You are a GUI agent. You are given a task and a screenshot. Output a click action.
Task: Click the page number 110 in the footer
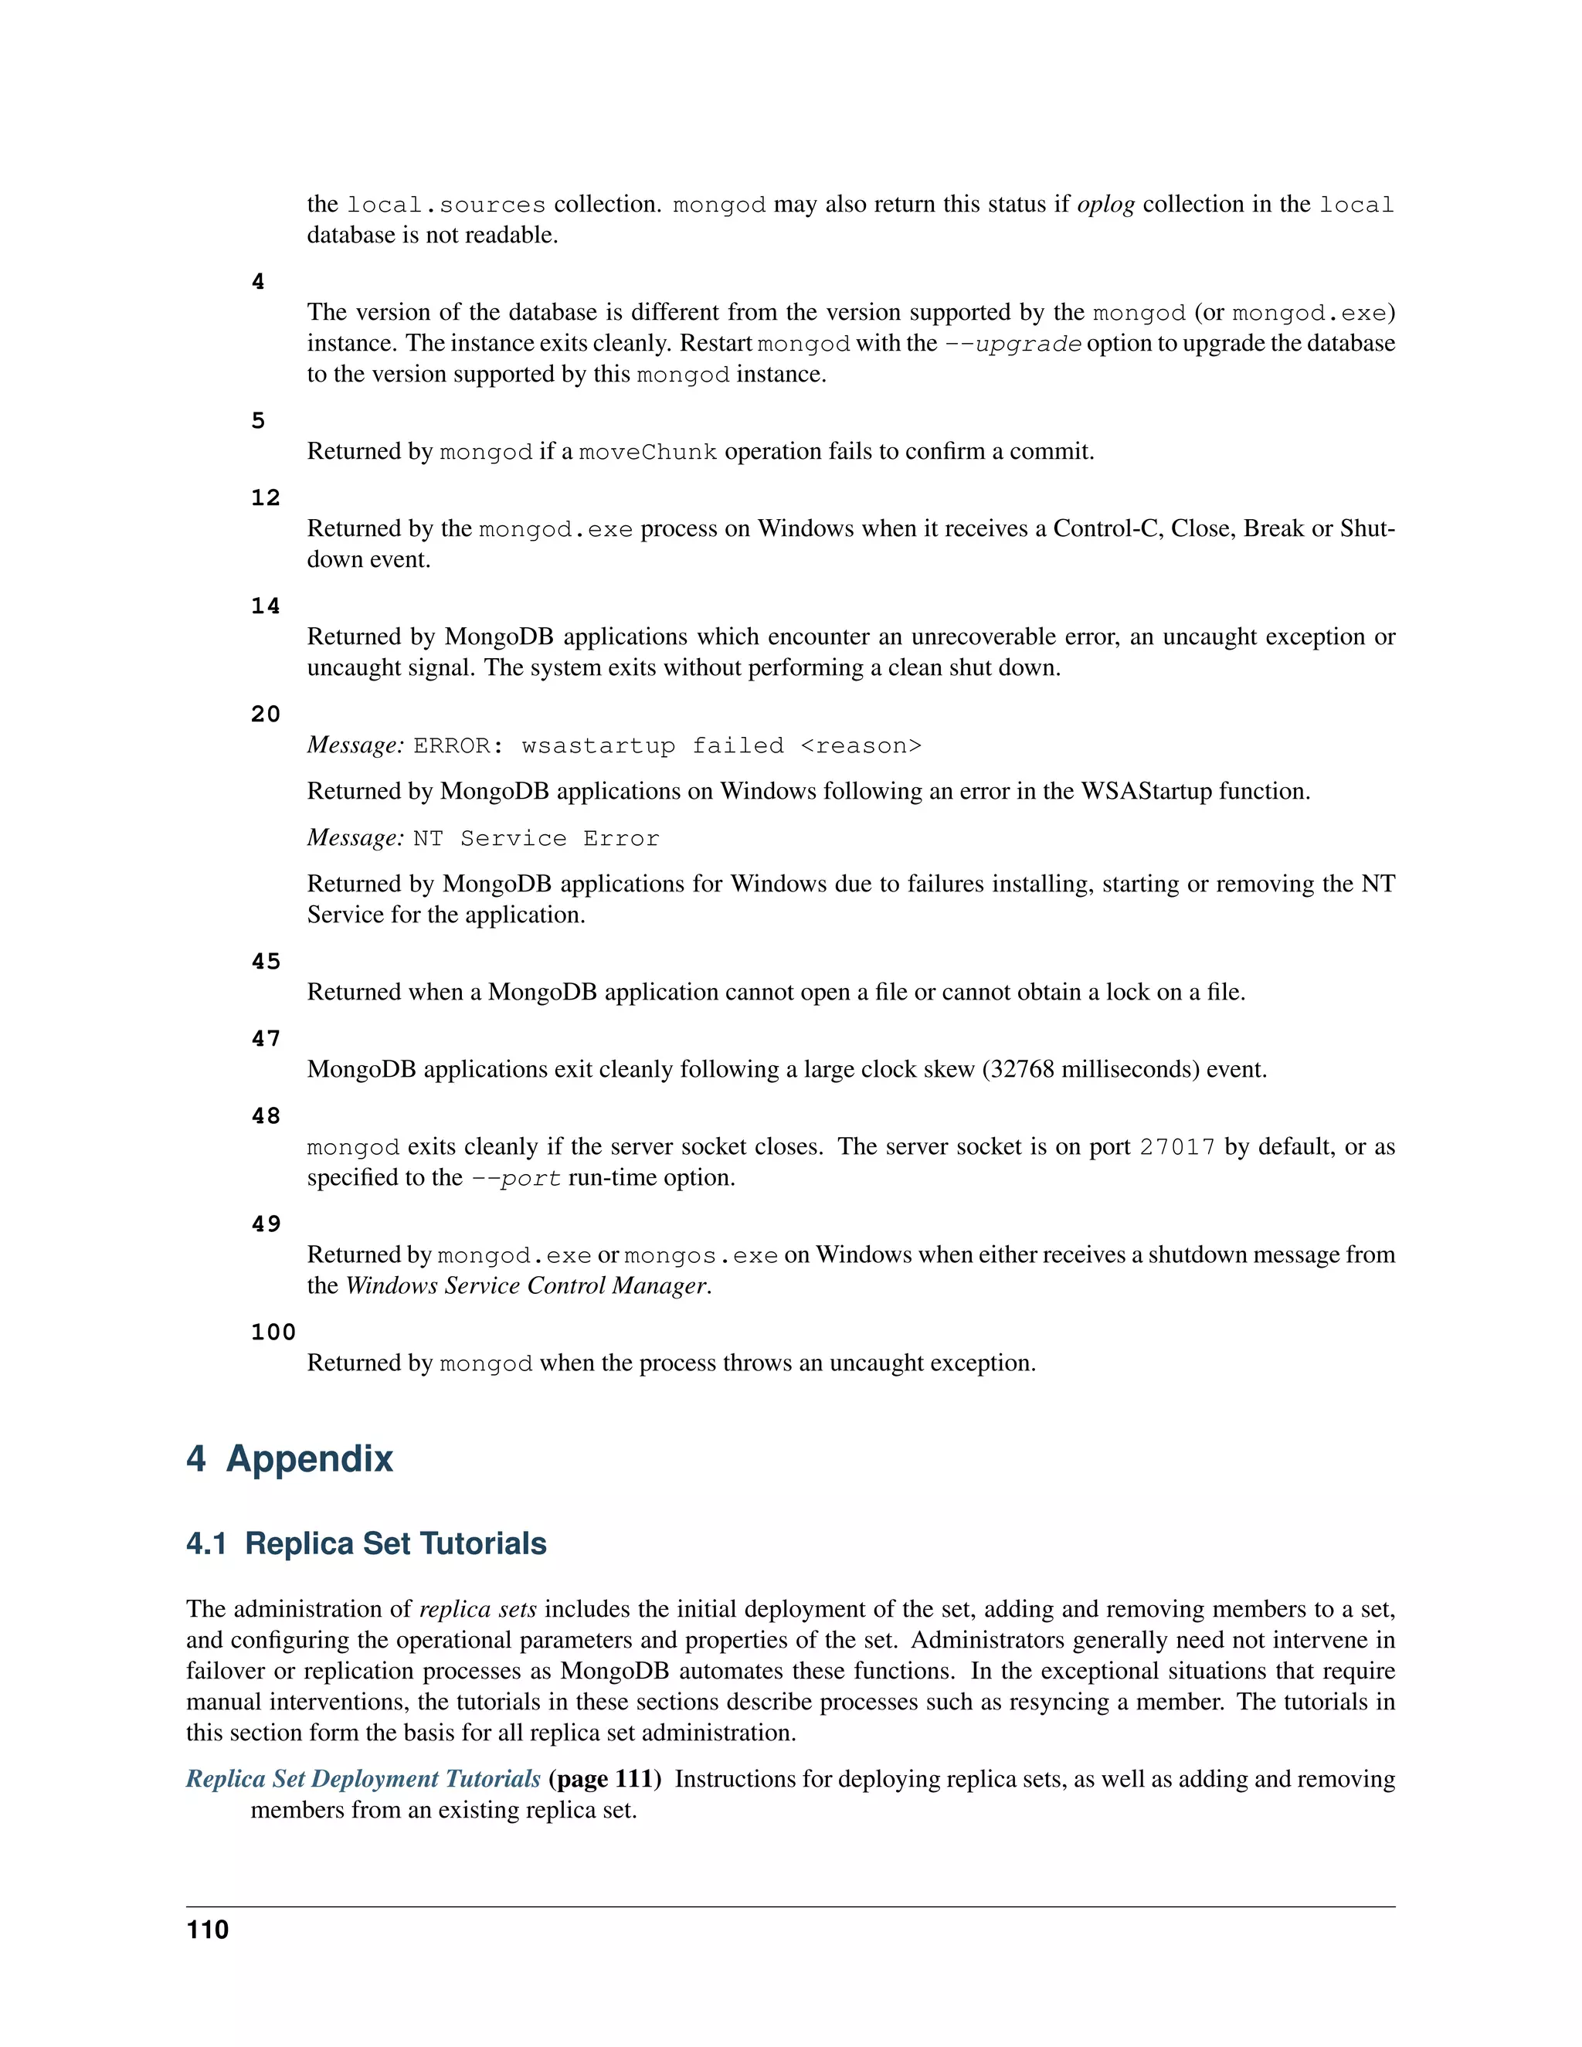207,1930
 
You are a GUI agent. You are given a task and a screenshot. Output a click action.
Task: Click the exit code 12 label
265,497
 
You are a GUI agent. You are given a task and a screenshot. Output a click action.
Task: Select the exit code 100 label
273,1332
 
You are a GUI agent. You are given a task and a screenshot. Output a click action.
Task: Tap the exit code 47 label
265,1038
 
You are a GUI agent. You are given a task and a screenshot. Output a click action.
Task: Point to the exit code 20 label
265,715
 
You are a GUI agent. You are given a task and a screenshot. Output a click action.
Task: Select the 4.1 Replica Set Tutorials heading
366,1543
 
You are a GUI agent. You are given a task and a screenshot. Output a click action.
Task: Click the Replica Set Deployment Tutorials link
363,1779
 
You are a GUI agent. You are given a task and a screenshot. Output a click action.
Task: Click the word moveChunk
647,453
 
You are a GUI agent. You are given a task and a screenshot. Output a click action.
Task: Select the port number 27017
1177,1147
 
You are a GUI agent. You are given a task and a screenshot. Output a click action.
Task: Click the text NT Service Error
536,838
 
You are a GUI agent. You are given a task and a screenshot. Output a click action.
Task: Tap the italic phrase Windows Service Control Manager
526,1286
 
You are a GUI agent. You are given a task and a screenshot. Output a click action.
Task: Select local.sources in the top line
446,205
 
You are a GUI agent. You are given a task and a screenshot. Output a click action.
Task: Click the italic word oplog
1106,205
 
